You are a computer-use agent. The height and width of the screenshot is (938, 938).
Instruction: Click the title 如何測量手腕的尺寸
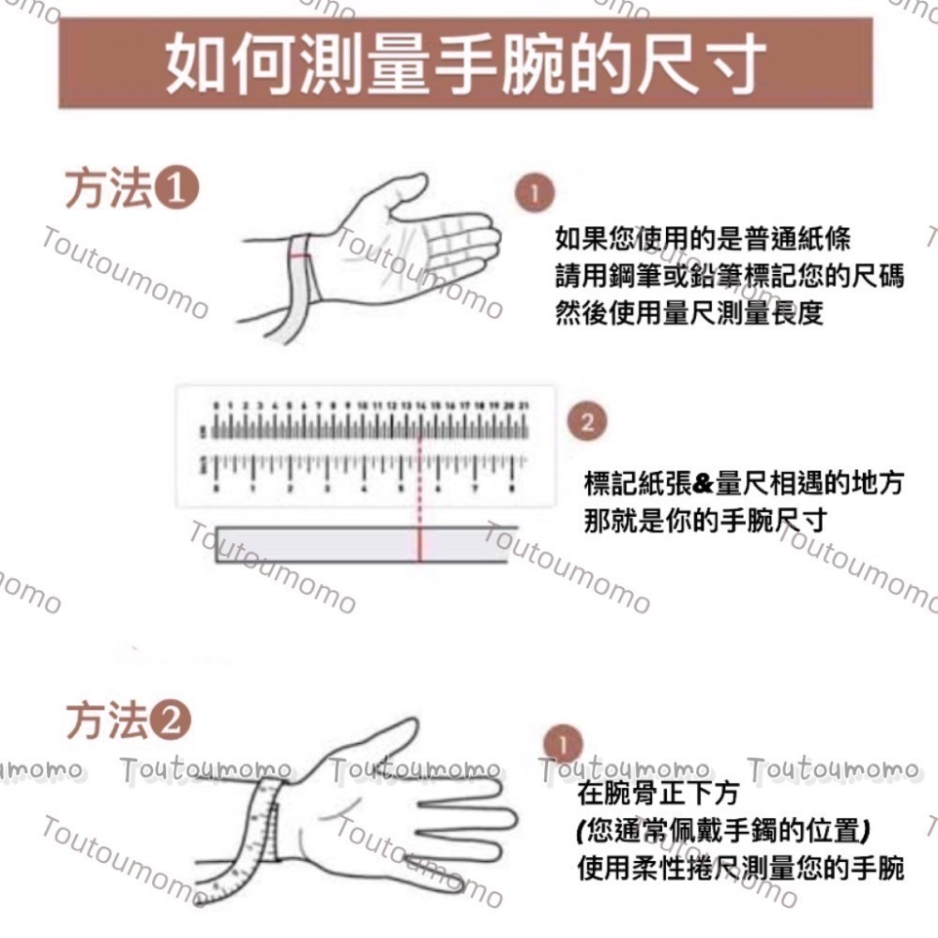click(466, 63)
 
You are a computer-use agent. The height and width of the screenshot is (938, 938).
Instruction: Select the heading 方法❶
click(131, 189)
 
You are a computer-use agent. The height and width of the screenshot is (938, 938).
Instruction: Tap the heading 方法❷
click(129, 721)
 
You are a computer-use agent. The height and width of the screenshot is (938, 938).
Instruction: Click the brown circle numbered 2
click(587, 422)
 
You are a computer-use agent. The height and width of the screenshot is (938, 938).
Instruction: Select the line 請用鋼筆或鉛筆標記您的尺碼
click(729, 277)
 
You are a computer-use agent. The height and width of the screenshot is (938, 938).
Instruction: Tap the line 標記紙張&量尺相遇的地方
click(743, 484)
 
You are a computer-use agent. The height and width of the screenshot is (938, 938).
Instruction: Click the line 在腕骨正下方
click(658, 794)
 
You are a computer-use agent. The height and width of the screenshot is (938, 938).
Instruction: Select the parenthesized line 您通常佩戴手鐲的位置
click(723, 830)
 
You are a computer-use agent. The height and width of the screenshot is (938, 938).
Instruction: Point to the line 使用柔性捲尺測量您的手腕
click(740, 868)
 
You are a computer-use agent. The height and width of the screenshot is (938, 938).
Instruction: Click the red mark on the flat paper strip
click(419, 545)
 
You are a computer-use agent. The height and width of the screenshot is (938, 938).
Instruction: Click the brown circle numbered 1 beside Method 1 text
click(534, 194)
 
